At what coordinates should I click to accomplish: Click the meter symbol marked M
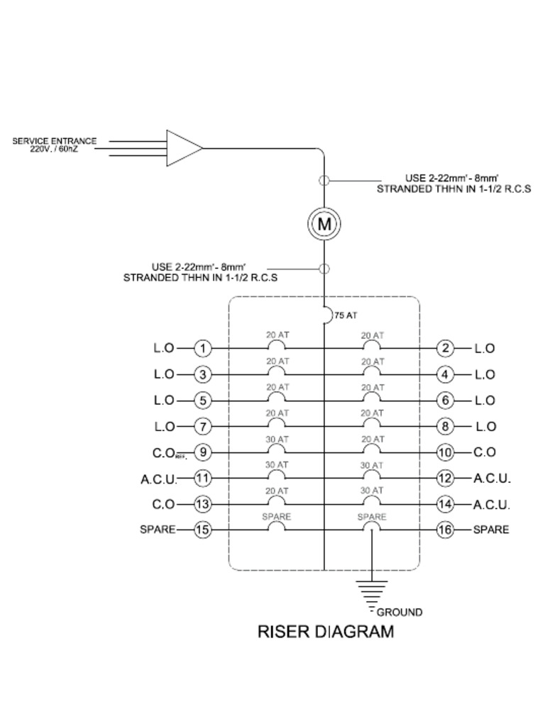click(x=324, y=224)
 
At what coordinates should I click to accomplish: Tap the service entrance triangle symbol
click(x=183, y=148)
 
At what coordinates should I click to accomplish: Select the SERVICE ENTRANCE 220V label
click(x=55, y=145)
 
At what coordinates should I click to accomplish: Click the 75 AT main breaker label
click(x=346, y=315)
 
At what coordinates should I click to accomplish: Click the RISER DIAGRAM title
click(x=325, y=632)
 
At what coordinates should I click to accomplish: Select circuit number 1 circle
click(x=203, y=348)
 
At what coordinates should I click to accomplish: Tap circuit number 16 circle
click(x=445, y=530)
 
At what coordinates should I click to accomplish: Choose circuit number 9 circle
click(x=203, y=452)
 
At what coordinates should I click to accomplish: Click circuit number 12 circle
click(x=445, y=478)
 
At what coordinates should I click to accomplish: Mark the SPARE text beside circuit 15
click(x=158, y=530)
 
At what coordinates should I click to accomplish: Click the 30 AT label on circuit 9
click(x=277, y=439)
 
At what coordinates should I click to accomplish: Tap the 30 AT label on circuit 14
click(x=372, y=491)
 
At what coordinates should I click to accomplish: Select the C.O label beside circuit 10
click(x=485, y=452)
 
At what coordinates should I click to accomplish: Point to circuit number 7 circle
click(x=203, y=426)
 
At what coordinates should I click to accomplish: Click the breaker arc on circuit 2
click(x=371, y=346)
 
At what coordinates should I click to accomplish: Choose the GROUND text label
click(x=399, y=612)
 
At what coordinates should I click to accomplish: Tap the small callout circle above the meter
click(x=324, y=180)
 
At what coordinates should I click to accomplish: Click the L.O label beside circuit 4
click(x=485, y=374)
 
